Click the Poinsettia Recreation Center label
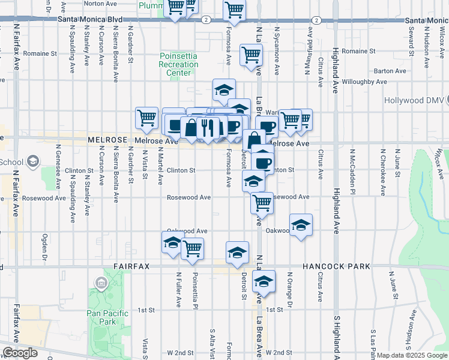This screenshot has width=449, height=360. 178,64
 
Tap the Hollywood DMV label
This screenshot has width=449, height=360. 414,101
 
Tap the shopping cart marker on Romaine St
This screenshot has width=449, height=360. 251,55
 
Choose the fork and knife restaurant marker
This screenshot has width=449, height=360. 208,127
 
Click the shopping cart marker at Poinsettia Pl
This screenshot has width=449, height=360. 192,247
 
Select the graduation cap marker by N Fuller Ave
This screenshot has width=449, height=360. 172,243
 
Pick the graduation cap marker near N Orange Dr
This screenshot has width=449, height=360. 301,226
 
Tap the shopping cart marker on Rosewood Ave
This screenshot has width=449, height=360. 262,203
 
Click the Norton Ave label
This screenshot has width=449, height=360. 100,4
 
